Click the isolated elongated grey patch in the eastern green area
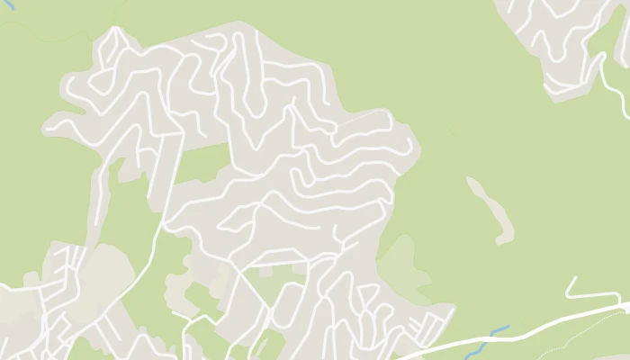(490, 209)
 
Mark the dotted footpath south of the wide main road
(576, 337)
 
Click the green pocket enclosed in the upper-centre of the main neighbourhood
(202, 162)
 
